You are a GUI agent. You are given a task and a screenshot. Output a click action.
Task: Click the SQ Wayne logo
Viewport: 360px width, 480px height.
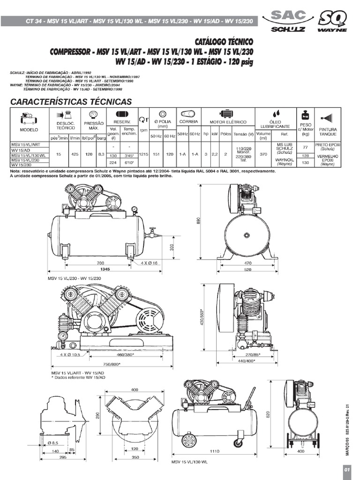(x=332, y=22)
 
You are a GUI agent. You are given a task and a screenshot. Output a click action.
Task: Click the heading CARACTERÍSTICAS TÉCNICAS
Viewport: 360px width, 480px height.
(x=71, y=101)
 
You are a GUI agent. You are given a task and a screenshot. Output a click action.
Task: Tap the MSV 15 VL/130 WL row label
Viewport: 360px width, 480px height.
(x=29, y=155)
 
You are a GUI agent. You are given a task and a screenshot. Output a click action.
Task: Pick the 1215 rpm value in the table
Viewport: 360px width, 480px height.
(x=143, y=154)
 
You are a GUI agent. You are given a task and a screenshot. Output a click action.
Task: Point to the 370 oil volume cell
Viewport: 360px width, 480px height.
(x=263, y=154)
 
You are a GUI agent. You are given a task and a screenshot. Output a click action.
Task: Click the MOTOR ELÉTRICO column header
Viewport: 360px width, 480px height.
(x=228, y=121)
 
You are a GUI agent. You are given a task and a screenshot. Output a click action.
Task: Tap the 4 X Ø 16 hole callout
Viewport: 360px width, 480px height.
(x=149, y=263)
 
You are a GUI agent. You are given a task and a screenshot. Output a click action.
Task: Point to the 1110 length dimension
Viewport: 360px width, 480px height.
(x=215, y=451)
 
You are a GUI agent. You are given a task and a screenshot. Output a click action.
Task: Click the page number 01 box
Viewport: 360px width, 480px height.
(x=347, y=470)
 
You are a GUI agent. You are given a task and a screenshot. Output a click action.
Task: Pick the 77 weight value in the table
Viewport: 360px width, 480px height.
(x=306, y=147)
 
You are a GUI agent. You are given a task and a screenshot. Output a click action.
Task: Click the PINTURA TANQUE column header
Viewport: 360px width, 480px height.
(x=328, y=131)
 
